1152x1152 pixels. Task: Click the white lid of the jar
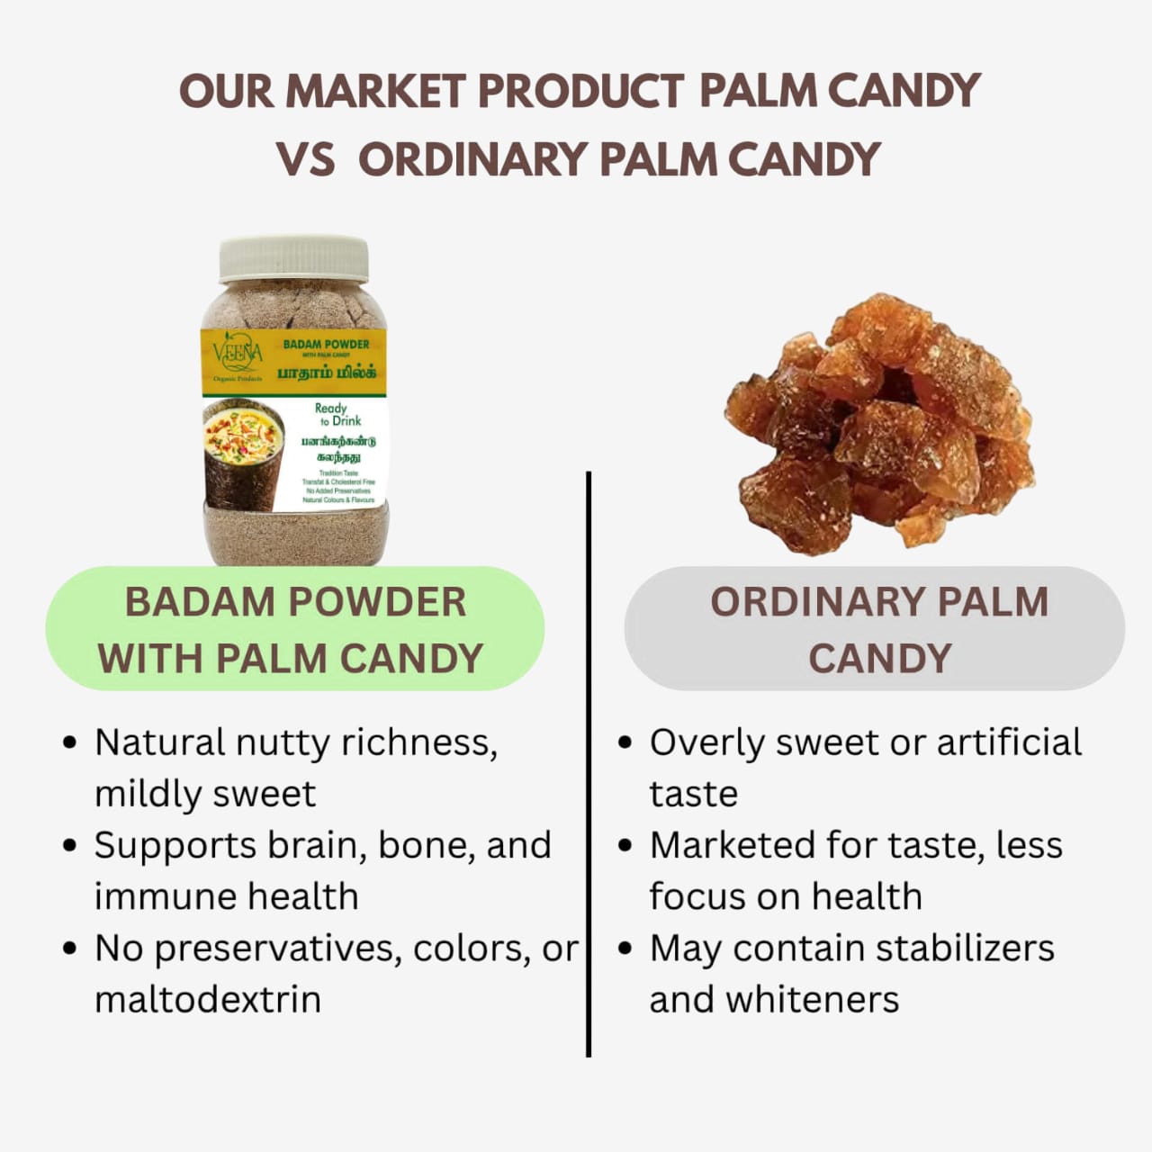point(294,258)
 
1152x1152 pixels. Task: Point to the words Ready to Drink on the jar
point(337,414)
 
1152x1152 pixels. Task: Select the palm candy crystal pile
point(877,423)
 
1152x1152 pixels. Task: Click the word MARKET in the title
point(375,91)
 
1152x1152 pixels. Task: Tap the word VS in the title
point(306,160)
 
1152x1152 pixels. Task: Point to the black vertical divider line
point(589,765)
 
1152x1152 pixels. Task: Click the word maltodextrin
point(208,1000)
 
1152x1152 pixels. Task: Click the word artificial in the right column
point(1009,743)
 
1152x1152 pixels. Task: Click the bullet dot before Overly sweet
point(625,744)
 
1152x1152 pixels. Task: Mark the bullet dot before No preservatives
point(70,949)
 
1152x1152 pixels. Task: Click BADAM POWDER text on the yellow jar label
point(326,344)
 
